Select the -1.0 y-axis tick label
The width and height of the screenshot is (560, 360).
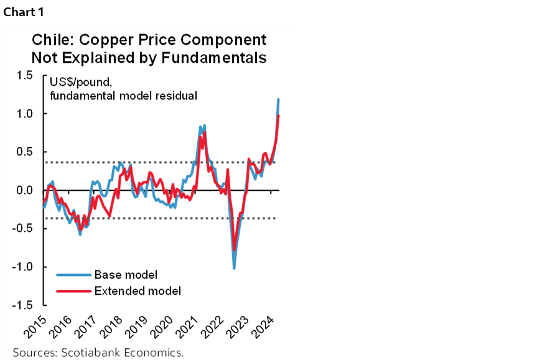pyautogui.click(x=22, y=267)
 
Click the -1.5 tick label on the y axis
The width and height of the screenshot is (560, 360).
pyautogui.click(x=22, y=305)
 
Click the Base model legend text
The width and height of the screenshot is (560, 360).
pyautogui.click(x=126, y=275)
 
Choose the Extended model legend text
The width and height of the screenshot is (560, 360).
pyautogui.click(x=138, y=290)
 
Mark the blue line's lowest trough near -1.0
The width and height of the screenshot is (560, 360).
pyautogui.click(x=234, y=268)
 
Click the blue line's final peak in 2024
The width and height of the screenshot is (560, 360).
pyautogui.click(x=278, y=99)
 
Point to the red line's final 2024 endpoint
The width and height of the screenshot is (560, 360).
pyautogui.click(x=278, y=116)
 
